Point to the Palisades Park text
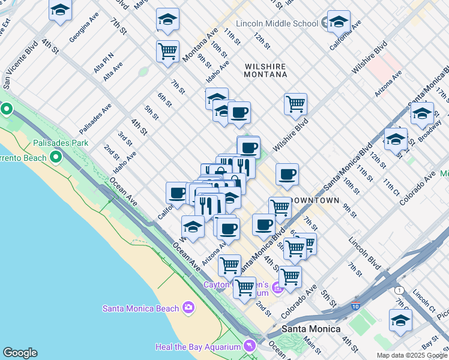pyautogui.click(x=61, y=143)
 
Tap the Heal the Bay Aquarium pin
pyautogui.click(x=249, y=346)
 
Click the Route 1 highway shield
pyautogui.click(x=400, y=290)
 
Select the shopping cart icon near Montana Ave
pyautogui.click(x=167, y=50)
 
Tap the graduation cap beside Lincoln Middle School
pyautogui.click(x=338, y=22)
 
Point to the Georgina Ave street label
pyautogui.click(x=83, y=27)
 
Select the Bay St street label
pyautogui.click(x=430, y=344)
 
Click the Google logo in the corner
pyautogui.click(x=20, y=353)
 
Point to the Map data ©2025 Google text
pyautogui.click(x=412, y=355)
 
